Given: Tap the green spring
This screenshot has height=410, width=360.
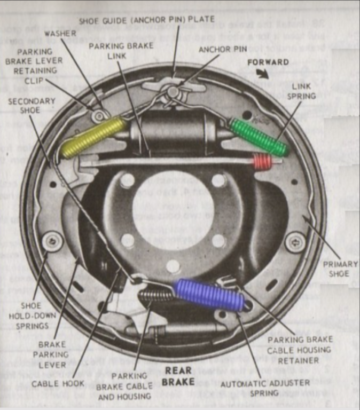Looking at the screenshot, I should [259, 138].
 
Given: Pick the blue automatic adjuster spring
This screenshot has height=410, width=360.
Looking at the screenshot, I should [209, 295].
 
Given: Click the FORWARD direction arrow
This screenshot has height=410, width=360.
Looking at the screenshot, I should [262, 74].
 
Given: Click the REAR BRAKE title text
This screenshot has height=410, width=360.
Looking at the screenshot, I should [178, 376].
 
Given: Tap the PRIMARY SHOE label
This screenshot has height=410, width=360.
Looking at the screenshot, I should [336, 269].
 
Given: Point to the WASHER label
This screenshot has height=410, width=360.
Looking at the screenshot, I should [60, 33].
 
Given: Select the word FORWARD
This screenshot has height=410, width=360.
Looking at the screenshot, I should [268, 62].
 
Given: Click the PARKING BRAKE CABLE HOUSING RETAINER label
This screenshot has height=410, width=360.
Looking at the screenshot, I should [300, 350].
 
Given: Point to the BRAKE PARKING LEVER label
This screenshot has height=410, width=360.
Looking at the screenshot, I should [52, 355].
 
